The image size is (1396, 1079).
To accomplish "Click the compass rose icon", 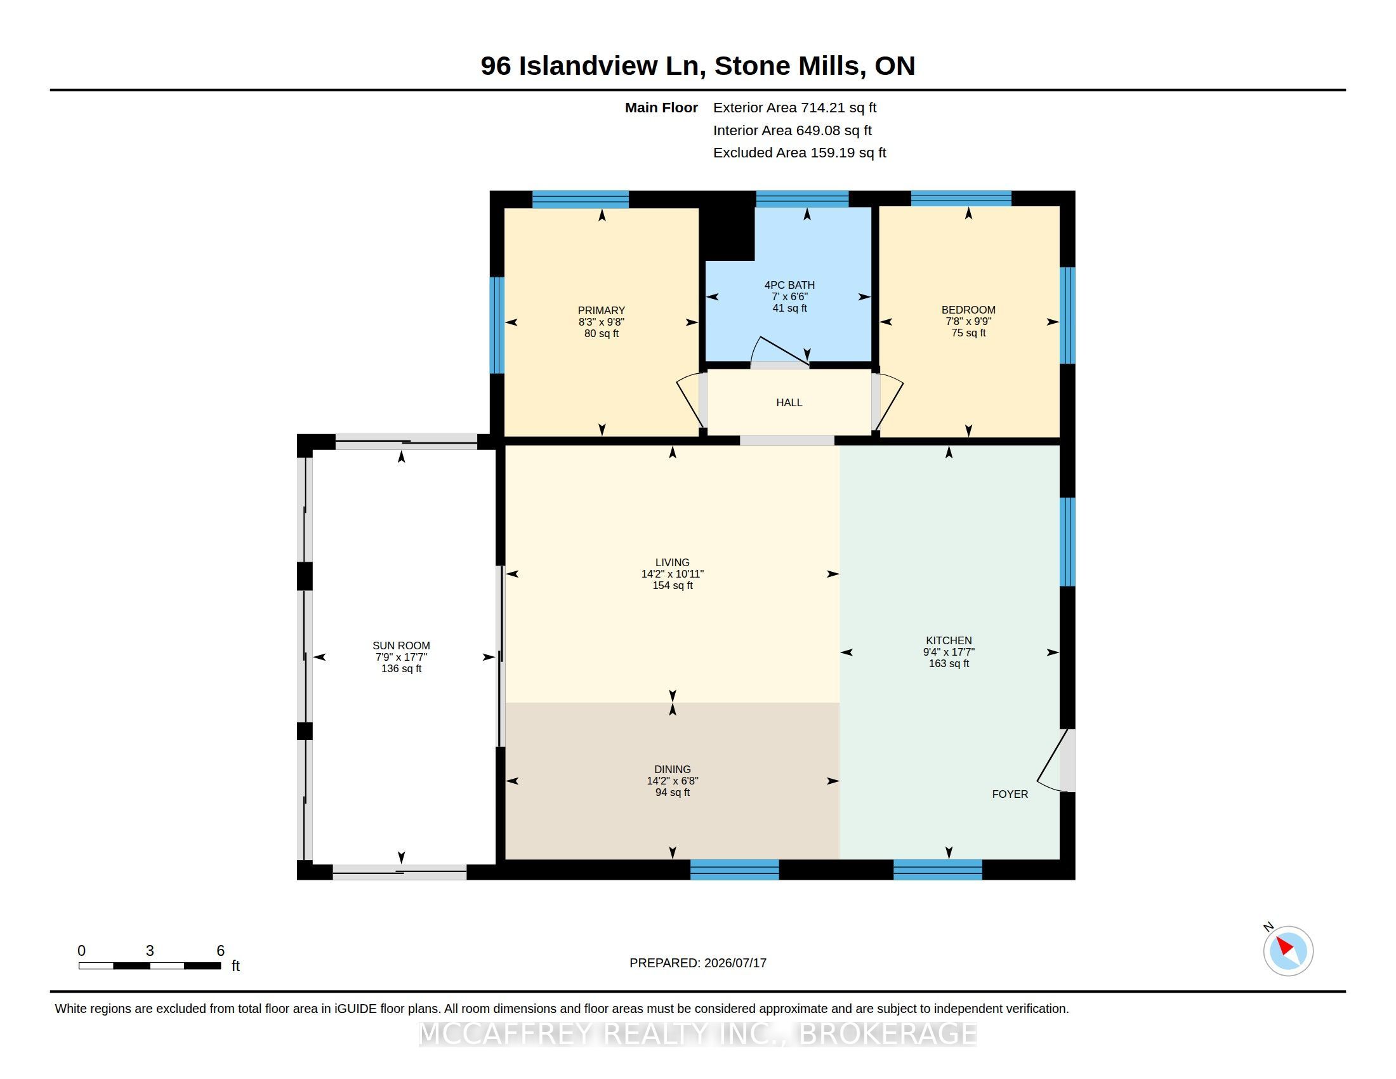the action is [1288, 951].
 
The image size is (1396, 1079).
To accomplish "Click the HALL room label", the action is [789, 402].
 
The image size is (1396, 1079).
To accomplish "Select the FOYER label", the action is [1010, 794].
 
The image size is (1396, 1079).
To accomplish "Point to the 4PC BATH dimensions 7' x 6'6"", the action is [789, 296].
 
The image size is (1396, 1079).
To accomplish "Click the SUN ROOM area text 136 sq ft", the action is [402, 668].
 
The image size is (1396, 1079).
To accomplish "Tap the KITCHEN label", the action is [949, 640].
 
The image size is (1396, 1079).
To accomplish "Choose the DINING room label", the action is [673, 770].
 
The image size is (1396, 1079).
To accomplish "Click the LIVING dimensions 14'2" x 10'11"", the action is [673, 574].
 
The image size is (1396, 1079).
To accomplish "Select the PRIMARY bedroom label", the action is [602, 310].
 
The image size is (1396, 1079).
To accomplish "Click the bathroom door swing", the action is [779, 352].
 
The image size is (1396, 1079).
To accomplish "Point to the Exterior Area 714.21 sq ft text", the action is [794, 108].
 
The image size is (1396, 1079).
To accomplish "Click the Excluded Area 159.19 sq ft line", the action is [800, 153].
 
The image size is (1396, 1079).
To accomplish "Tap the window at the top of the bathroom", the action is [802, 199].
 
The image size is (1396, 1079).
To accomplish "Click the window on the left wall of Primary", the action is [497, 325].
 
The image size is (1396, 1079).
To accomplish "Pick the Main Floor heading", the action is [661, 108].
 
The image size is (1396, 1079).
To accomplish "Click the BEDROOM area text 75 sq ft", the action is [968, 333].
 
